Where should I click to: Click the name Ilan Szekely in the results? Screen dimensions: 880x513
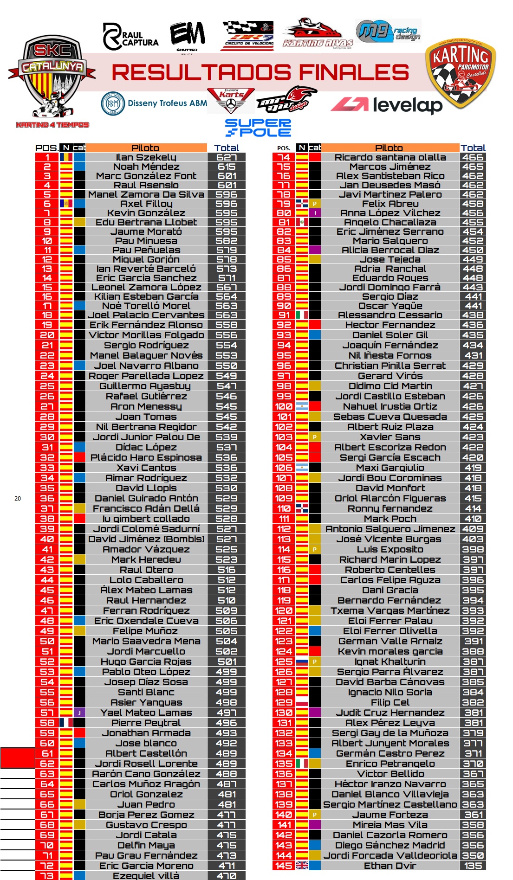pos(146,157)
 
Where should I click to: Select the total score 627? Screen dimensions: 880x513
pos(227,157)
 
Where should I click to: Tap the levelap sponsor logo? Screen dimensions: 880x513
pos(387,105)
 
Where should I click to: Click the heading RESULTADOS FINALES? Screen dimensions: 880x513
pos(260,72)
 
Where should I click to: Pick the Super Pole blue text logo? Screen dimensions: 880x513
pos(258,128)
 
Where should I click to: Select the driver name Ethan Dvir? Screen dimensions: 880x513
pos(390,866)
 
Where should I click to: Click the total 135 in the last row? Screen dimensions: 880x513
pos(473,866)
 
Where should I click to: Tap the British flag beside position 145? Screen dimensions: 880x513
pos(302,866)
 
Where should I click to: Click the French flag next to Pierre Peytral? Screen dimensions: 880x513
pos(66,723)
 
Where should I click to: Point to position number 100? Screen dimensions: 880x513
pos(284,406)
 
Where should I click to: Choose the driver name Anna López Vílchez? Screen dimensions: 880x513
pos(390,213)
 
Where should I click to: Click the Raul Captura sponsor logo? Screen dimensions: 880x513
pos(130,37)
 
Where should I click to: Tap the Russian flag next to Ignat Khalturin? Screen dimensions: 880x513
pos(302,662)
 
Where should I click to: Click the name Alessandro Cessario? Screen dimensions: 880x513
pos(390,315)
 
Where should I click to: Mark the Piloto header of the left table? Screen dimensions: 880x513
pos(146,148)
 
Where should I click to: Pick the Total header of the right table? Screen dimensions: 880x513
pos(473,148)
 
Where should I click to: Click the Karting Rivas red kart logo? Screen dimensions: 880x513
pos(318,33)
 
